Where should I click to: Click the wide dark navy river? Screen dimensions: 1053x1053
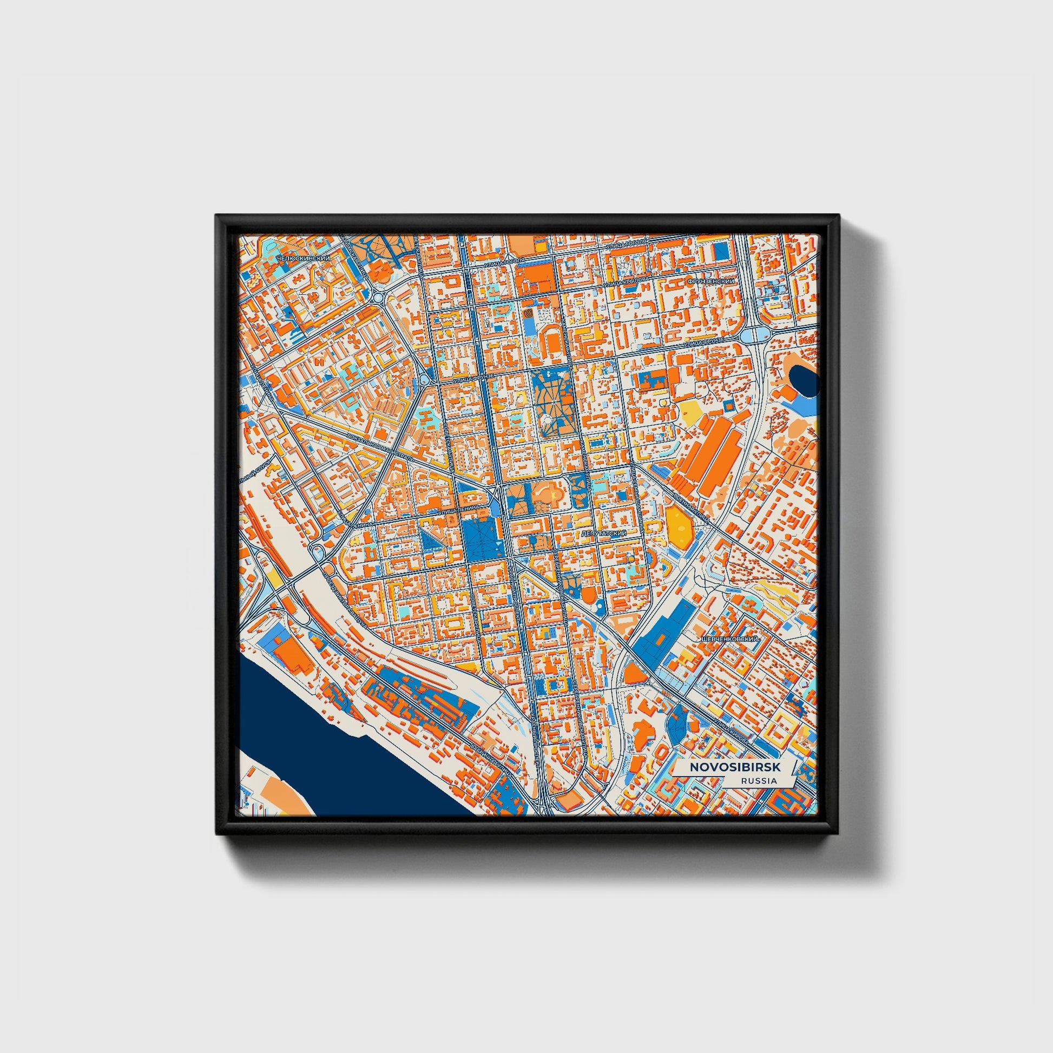point(349,763)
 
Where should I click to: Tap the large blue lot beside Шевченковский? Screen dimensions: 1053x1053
point(664,627)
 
